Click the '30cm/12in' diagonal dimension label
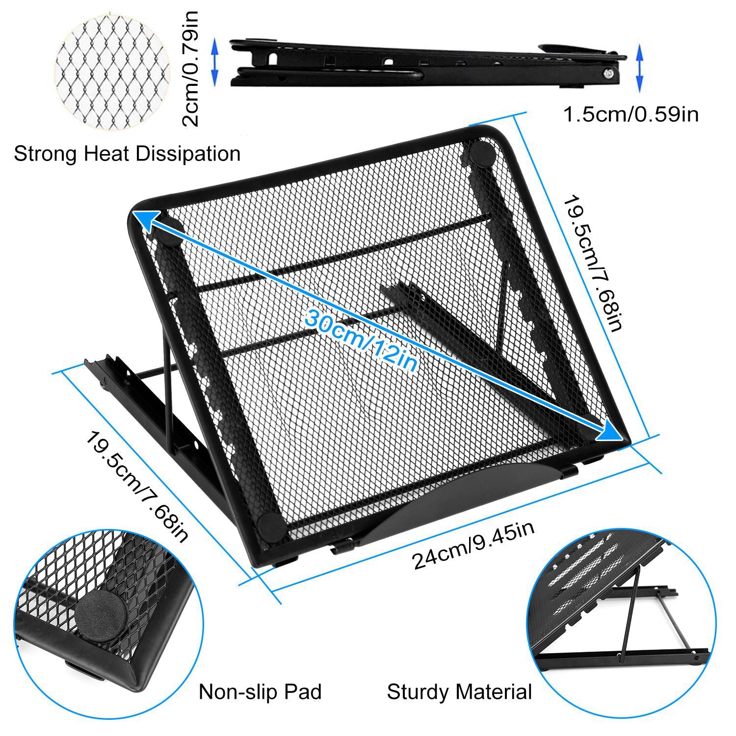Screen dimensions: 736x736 361,339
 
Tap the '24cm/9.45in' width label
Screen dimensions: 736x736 473,545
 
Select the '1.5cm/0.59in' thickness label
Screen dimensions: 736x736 631,114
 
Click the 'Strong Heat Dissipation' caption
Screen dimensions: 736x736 127,154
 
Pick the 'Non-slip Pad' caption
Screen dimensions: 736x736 260,692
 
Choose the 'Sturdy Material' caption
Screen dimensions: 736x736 459,692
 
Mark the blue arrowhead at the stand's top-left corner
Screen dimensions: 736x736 146,219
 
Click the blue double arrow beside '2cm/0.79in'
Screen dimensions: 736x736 214,62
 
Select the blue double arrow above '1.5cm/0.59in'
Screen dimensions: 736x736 638,68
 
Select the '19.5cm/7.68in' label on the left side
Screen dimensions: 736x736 137,486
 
